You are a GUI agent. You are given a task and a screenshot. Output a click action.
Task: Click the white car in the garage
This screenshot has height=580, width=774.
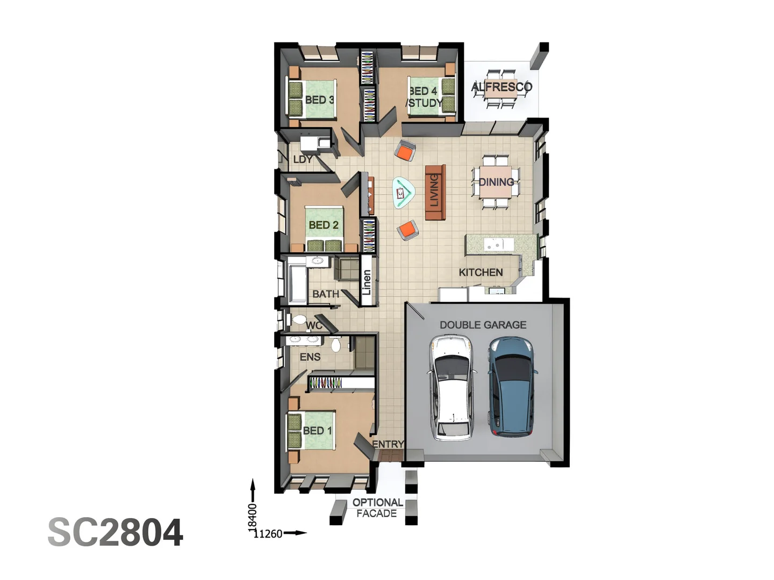pos(451,387)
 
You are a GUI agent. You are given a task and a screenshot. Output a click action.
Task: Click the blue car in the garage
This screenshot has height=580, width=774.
pos(511,386)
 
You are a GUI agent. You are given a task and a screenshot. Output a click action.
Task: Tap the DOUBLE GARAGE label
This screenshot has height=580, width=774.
pos(483,325)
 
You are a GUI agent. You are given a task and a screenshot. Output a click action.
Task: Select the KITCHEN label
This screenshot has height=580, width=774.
pos(481,272)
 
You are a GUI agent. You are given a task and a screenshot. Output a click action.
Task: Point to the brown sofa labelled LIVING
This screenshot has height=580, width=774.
pos(435,192)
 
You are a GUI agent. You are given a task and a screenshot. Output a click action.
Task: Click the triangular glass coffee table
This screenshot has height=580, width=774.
pos(403,192)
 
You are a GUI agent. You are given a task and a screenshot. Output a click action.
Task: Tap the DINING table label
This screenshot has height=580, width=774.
pos(496,182)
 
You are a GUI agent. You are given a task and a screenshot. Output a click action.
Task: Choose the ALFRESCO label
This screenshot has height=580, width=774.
pos(501,87)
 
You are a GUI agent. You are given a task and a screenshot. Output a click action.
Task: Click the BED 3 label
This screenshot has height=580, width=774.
pos(319,100)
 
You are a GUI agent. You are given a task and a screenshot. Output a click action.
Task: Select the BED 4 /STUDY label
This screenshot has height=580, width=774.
pos(425,97)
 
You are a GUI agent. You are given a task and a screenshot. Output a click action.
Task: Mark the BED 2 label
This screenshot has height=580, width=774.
pos(324,225)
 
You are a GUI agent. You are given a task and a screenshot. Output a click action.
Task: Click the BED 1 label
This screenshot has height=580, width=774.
pos(317,431)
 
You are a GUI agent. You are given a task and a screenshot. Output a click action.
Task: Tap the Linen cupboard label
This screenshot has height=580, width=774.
pos(367,282)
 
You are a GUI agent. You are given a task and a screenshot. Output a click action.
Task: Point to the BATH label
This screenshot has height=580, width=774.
pos(325,294)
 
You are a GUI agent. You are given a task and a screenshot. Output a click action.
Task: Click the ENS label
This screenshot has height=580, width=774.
pos(310,357)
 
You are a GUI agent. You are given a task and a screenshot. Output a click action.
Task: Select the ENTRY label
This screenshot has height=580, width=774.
pos(388,444)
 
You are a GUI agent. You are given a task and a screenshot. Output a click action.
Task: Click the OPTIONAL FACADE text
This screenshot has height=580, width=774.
pos(377,508)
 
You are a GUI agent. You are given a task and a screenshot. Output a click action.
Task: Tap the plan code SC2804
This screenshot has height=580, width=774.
pos(116,533)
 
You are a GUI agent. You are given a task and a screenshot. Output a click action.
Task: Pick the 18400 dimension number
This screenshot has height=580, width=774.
pos(252,517)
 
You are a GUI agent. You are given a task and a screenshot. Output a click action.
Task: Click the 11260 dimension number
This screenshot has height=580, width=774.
pos(268,534)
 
